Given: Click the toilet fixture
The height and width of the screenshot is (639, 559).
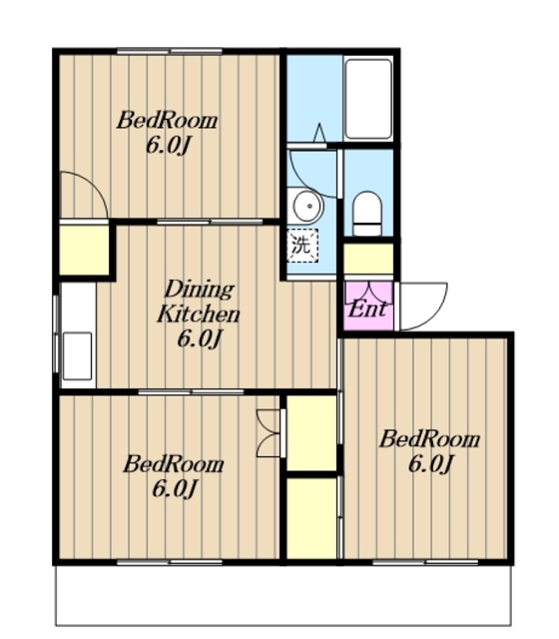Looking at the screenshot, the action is (x=367, y=213).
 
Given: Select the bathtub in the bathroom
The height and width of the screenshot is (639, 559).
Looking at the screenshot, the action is (x=368, y=99).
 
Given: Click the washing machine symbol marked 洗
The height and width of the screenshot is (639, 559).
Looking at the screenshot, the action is (x=301, y=246).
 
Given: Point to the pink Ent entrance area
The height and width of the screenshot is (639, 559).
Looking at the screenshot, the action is (x=368, y=306).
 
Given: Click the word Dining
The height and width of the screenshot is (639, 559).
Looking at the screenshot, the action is (x=200, y=291).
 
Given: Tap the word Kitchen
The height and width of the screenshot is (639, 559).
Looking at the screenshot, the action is (x=199, y=315).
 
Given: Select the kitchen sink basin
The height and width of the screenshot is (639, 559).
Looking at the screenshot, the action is (x=78, y=355).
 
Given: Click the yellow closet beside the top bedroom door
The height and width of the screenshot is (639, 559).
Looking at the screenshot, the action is (x=84, y=250).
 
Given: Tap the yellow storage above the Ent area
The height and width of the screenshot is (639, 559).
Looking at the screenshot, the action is (x=368, y=259).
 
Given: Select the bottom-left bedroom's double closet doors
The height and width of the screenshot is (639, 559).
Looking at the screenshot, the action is (x=270, y=432).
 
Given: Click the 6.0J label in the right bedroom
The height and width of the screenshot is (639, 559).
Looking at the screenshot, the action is (x=431, y=464).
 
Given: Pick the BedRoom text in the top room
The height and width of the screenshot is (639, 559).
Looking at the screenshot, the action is (x=167, y=121).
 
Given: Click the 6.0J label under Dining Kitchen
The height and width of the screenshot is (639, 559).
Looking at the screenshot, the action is (x=200, y=339).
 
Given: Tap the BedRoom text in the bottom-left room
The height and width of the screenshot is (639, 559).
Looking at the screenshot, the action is (x=174, y=464).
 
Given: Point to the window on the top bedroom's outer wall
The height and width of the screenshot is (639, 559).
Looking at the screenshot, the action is (x=170, y=51).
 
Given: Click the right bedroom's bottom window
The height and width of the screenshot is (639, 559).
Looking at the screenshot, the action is (x=425, y=562).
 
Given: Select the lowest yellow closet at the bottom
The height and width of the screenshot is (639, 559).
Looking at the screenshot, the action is (x=311, y=518).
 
